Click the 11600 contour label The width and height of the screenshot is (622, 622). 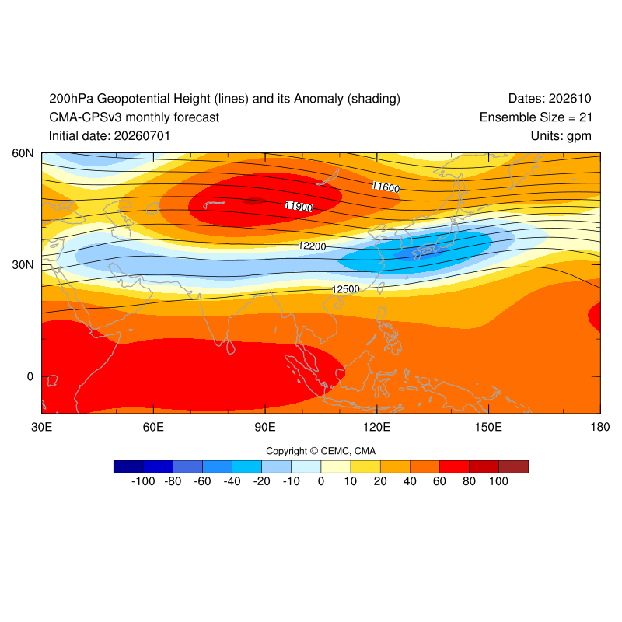(x=386, y=187)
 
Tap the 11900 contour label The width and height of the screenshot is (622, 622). (x=299, y=206)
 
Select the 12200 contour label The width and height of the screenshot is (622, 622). (x=313, y=246)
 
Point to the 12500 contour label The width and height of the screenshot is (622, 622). (x=346, y=289)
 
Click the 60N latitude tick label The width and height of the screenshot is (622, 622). (x=23, y=153)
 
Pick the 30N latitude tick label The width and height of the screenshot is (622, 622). (x=23, y=264)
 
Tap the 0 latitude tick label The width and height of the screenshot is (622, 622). (x=30, y=376)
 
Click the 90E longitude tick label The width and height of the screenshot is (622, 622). (x=265, y=427)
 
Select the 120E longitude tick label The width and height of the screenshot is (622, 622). (x=377, y=427)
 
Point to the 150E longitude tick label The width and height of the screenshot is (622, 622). (x=488, y=427)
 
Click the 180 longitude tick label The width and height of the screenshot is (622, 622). (x=600, y=427)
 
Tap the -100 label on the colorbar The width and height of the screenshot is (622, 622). (x=143, y=481)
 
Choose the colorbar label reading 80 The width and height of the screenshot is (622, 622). (x=469, y=481)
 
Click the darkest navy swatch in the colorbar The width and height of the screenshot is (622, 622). (x=128, y=466)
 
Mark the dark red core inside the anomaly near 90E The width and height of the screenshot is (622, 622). (x=254, y=201)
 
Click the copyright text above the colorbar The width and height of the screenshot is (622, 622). (x=320, y=451)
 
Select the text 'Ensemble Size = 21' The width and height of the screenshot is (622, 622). (x=536, y=117)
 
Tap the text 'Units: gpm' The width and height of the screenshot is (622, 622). (x=561, y=135)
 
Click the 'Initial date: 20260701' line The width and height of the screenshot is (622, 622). (x=110, y=135)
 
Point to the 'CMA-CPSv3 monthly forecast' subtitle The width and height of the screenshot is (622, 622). (x=134, y=117)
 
